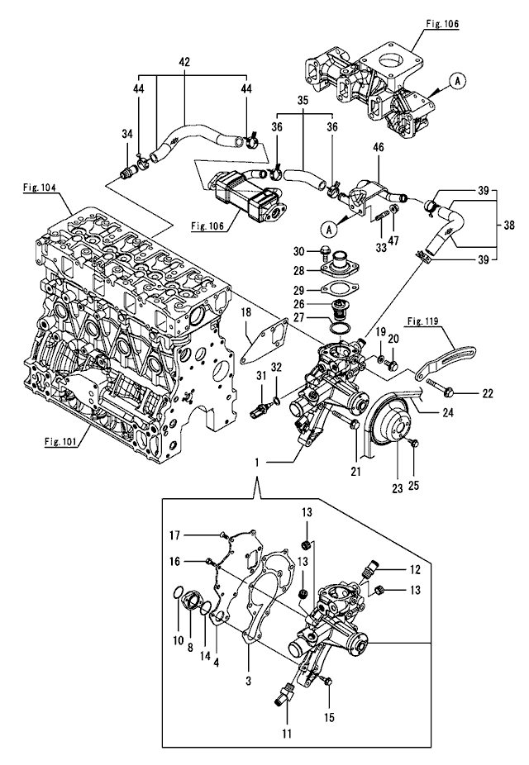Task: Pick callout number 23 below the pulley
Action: pos(396,487)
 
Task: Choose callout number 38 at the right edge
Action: pos(508,223)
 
